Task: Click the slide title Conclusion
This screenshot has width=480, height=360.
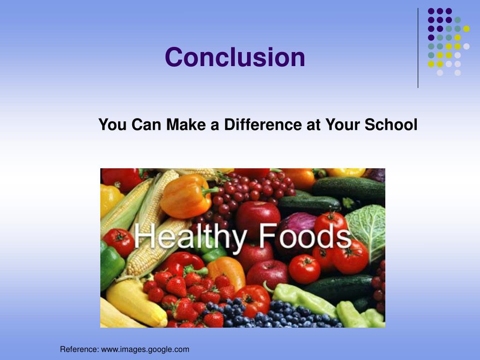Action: [235, 57]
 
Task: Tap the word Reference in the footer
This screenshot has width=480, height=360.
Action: [79, 349]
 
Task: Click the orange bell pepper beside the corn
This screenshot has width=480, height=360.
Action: [184, 196]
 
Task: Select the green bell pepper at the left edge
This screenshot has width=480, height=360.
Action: [111, 265]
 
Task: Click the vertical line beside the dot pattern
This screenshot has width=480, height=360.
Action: [418, 47]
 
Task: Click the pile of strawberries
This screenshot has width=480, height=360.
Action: [187, 295]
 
